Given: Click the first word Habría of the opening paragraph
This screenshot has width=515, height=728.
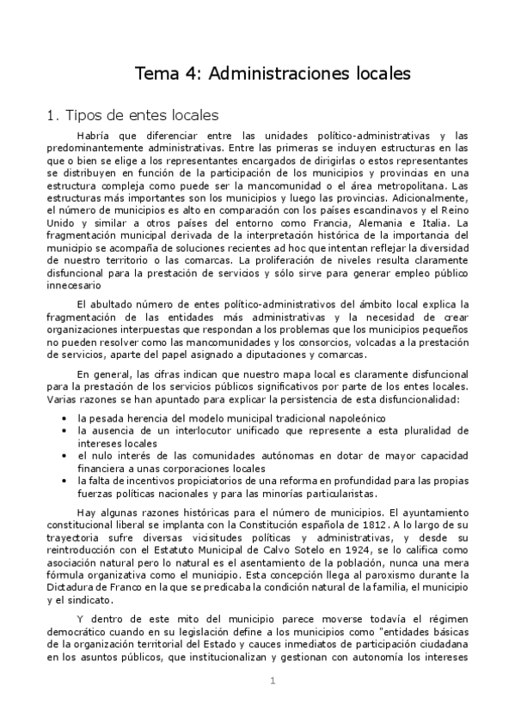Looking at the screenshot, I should pyautogui.click(x=94, y=136).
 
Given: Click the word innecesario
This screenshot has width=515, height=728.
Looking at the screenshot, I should pyautogui.click(x=74, y=286).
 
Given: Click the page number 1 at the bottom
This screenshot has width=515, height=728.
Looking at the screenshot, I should pyautogui.click(x=272, y=682).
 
